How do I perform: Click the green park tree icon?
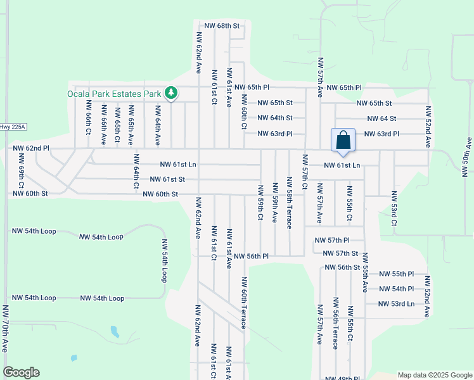[170, 94]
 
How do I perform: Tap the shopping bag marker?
[343, 140]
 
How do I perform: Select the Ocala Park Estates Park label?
[115, 94]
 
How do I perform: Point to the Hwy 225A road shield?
[13, 127]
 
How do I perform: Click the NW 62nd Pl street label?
[31, 148]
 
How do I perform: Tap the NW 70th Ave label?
[5, 329]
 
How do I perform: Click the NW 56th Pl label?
[251, 256]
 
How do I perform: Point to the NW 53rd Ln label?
[396, 303]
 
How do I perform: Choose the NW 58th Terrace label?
[290, 207]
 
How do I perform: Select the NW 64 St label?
[381, 118]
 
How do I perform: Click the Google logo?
[21, 372]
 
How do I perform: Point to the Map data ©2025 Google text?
[434, 375]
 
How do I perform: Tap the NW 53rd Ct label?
[394, 208]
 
